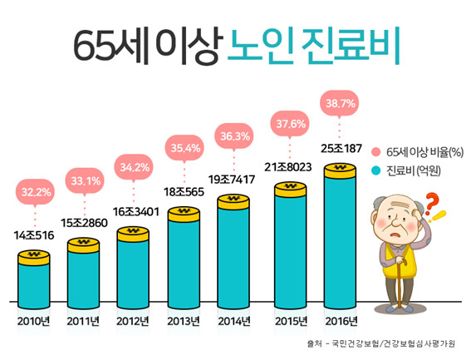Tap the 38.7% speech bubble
339,104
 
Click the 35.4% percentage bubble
184,149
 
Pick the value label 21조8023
287,167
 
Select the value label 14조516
35,236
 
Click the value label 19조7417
235,178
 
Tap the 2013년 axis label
184,321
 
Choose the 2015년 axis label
287,321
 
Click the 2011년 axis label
83,321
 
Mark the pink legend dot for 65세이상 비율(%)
376,152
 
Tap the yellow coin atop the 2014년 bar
235,200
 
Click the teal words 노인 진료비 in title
315,47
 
